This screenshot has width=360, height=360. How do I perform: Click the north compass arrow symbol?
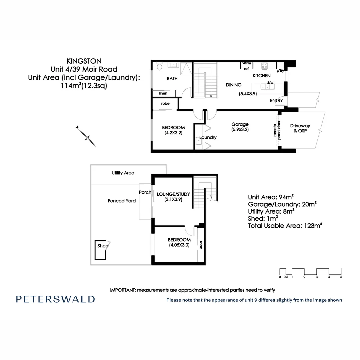87,137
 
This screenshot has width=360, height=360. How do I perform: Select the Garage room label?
240,124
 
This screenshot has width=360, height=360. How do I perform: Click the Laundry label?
208,137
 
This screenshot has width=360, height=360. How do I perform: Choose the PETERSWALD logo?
55,299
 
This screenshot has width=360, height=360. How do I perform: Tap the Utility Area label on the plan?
123,173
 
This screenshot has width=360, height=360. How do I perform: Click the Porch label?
145,192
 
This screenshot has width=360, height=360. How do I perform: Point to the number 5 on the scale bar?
341,277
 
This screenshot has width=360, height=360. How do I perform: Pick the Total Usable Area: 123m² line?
285,226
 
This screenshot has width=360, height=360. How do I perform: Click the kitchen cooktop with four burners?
265,66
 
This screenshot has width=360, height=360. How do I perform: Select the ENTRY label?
276,100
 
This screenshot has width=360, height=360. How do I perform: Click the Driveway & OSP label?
300,128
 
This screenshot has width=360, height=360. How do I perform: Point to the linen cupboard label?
163,93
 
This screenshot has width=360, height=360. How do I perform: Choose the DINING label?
233,85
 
